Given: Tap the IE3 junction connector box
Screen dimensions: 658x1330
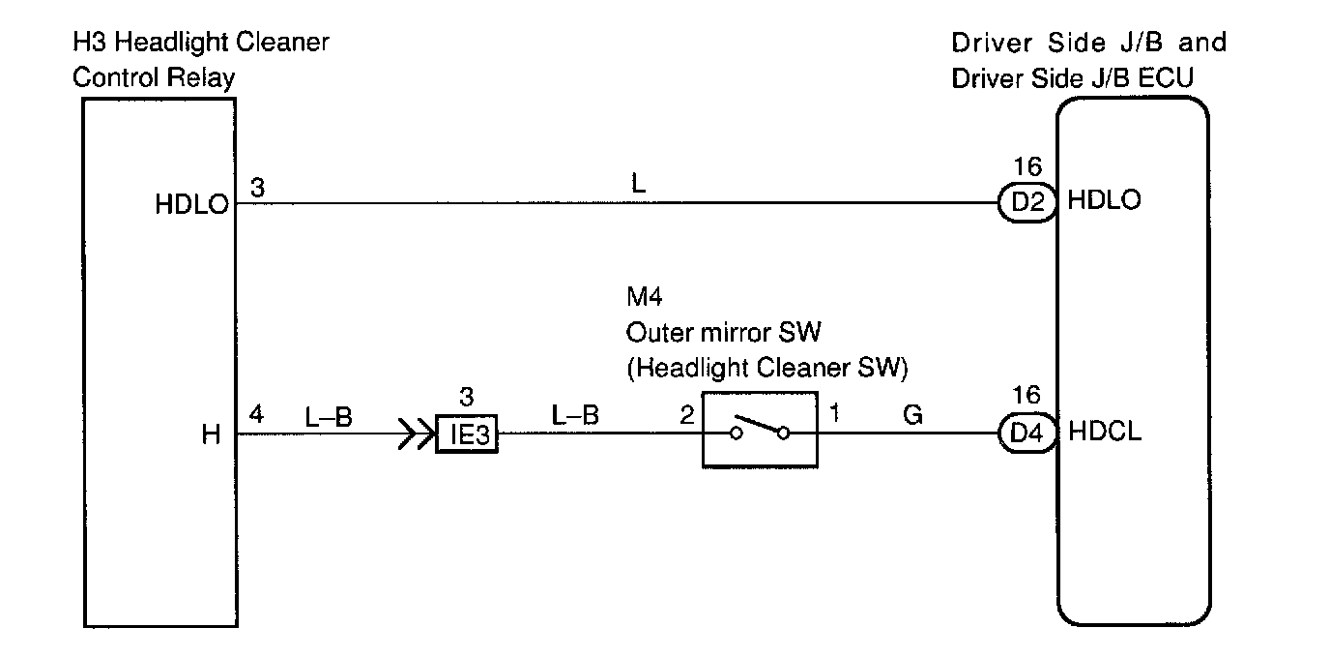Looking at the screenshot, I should [467, 434].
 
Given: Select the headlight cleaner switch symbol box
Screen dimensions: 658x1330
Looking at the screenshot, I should [760, 431].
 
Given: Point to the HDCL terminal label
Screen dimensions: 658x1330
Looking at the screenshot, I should [1106, 433].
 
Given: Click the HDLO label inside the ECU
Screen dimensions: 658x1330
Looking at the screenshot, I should [1104, 201].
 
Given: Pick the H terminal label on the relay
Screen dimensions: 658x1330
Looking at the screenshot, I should [212, 435].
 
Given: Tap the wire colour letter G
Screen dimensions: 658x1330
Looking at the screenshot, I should [912, 416].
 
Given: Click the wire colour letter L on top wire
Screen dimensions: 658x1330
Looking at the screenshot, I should [638, 184].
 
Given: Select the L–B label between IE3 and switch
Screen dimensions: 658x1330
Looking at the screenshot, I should [575, 416].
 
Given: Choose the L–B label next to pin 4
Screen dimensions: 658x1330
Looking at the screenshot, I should [329, 417].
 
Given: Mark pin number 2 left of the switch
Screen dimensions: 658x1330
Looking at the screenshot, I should [686, 416].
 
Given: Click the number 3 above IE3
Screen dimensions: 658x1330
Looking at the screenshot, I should [467, 397].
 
